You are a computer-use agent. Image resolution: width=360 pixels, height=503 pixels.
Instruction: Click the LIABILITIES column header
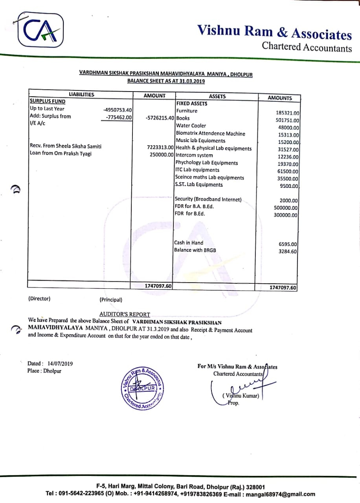(x=81, y=95)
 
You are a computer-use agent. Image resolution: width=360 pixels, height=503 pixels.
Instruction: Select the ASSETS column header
(x=217, y=96)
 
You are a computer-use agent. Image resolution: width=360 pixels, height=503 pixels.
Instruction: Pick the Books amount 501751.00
(x=288, y=121)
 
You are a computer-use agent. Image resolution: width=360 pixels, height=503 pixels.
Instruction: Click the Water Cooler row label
(x=191, y=126)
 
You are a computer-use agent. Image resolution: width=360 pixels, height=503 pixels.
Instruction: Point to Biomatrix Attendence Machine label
(x=210, y=134)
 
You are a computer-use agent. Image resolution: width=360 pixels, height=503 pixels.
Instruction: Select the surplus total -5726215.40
(x=159, y=118)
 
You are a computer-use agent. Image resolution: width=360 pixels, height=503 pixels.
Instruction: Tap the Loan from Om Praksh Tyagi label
(x=61, y=154)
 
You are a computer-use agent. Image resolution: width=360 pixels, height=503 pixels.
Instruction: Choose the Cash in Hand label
(x=189, y=243)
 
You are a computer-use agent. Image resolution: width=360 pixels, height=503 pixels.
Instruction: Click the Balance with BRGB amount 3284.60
(x=288, y=251)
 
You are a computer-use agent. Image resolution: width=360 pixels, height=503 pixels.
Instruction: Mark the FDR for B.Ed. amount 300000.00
(x=286, y=215)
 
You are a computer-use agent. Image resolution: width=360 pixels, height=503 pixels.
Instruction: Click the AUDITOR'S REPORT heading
(x=125, y=314)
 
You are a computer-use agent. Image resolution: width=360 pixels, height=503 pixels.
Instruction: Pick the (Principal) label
(x=111, y=300)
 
